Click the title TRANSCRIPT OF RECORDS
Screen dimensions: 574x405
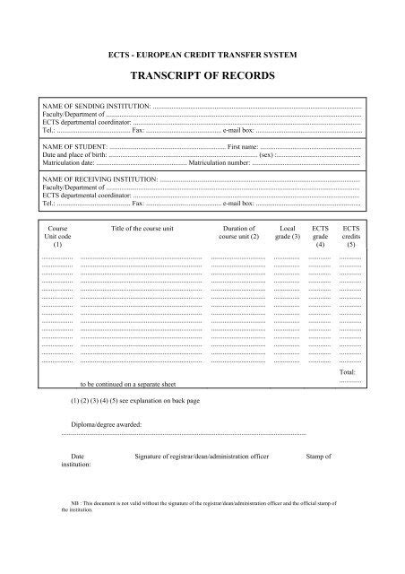202,77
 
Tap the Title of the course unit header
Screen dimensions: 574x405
141,229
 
